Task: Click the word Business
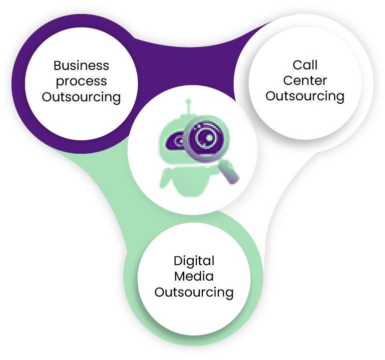[x=81, y=65]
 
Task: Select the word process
[x=81, y=81]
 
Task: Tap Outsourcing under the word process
[x=81, y=97]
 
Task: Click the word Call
[x=305, y=65]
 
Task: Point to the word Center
[x=305, y=80]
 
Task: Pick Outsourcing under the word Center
[x=305, y=96]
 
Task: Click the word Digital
[x=194, y=261]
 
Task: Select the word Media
[x=194, y=276]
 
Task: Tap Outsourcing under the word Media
[x=194, y=292]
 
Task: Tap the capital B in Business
[x=57, y=65]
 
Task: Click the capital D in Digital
[x=177, y=261]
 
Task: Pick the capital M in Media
[x=179, y=276]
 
